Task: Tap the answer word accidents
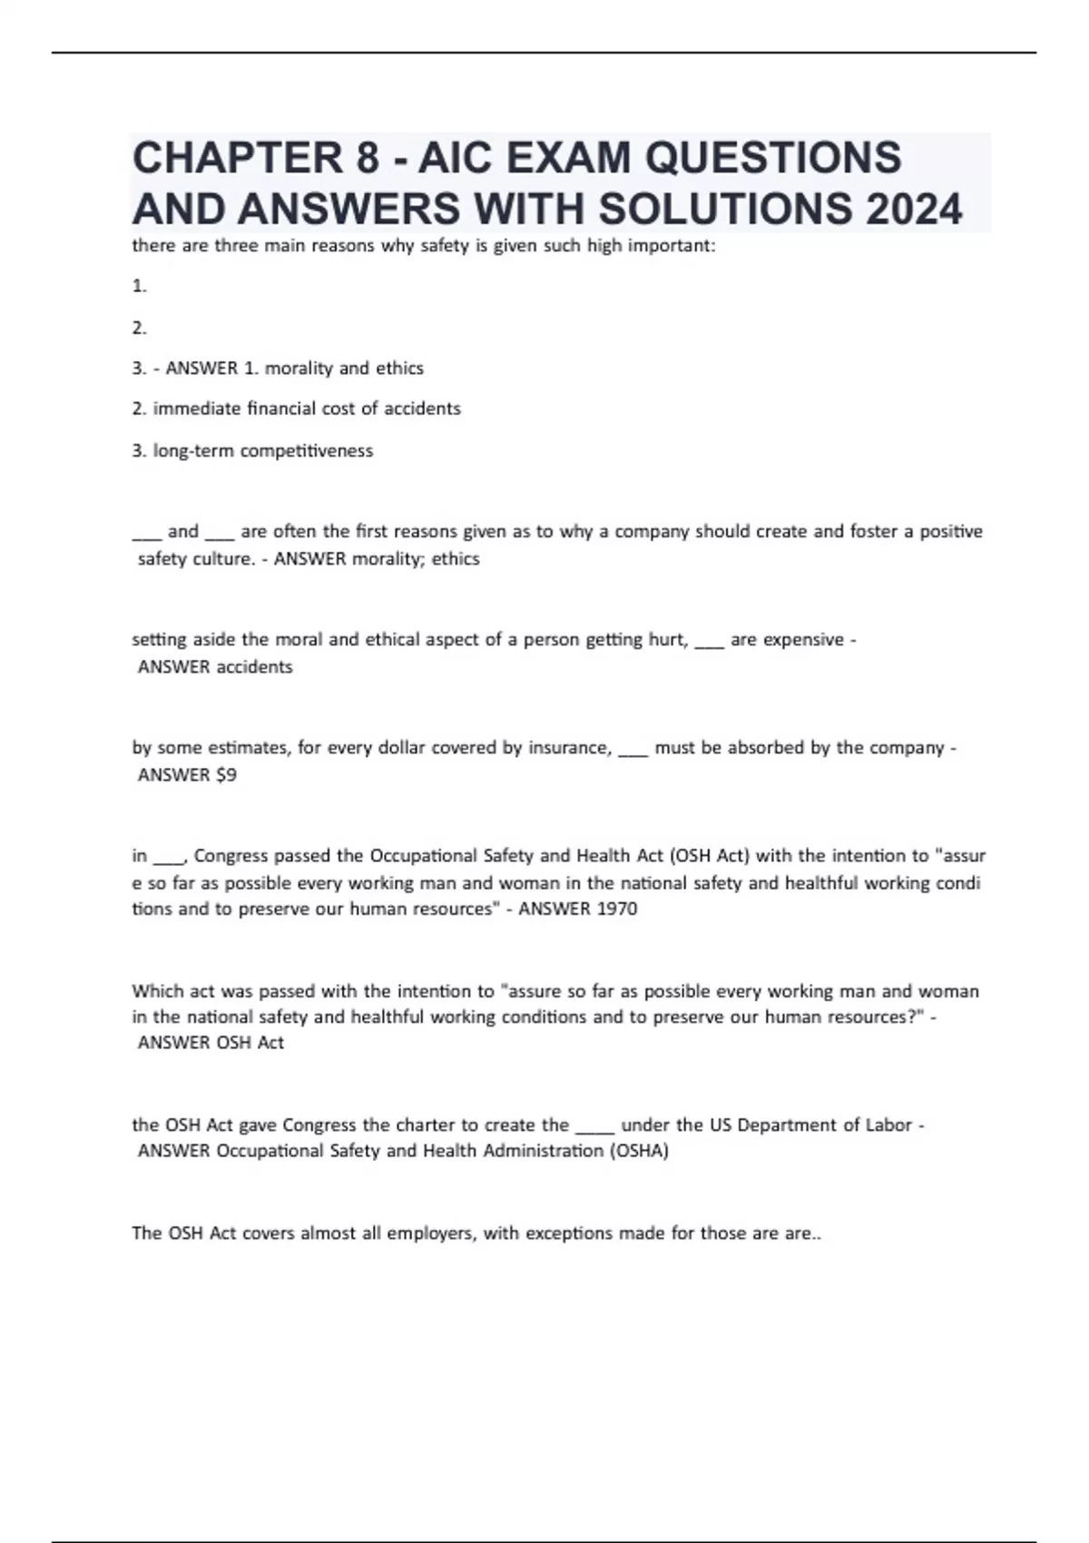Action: click(253, 667)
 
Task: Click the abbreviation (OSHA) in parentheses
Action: click(639, 1151)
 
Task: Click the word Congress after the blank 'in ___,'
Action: click(231, 856)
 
